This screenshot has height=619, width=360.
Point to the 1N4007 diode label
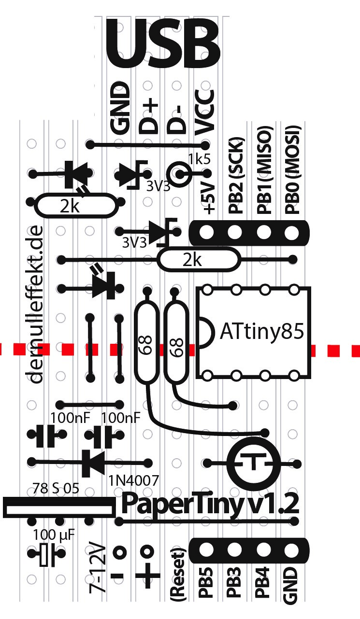point(133,479)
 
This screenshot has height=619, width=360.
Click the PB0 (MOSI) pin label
point(292,169)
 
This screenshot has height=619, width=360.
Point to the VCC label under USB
point(205,112)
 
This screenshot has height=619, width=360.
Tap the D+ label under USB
point(149,115)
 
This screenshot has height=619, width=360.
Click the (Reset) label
point(178,575)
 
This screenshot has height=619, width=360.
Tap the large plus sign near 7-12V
point(147,576)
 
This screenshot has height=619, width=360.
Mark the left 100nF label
point(67,418)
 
